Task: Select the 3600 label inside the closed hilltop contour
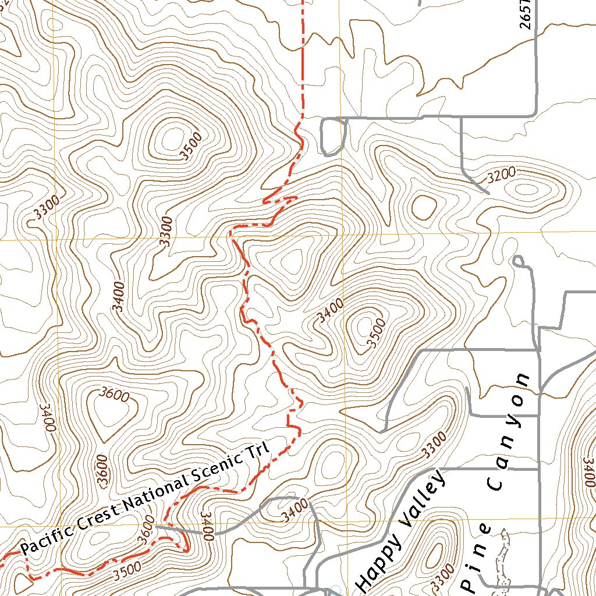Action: click(113, 394)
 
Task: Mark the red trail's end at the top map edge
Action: click(303, 2)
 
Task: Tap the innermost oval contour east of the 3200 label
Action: click(526, 189)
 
